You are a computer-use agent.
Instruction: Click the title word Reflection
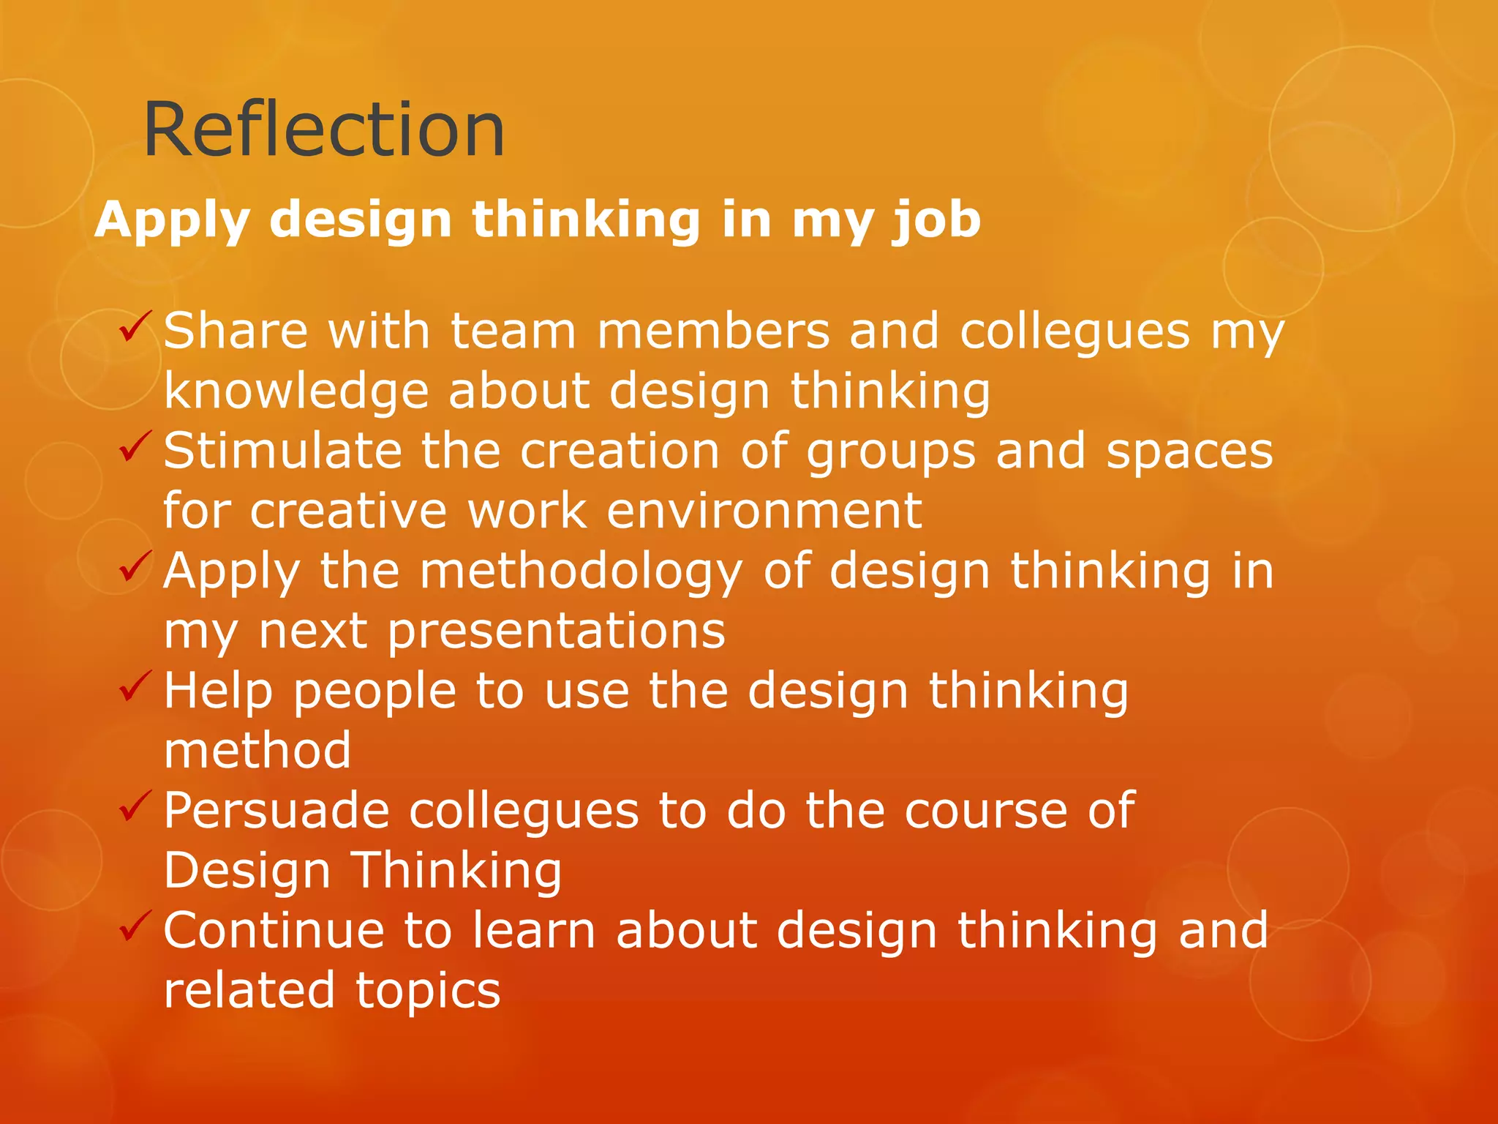tap(324, 130)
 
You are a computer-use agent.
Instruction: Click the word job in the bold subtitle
tap(936, 220)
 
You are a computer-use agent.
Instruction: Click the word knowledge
tap(296, 391)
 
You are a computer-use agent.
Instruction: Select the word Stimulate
tap(282, 451)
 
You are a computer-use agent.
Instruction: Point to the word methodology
tap(581, 572)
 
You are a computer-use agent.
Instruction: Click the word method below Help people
tap(257, 751)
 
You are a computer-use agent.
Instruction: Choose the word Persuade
tap(276, 811)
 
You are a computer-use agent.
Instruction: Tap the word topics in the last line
tap(428, 992)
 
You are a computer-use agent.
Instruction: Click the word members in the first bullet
tap(713, 331)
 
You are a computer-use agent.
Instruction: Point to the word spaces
tap(1189, 451)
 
